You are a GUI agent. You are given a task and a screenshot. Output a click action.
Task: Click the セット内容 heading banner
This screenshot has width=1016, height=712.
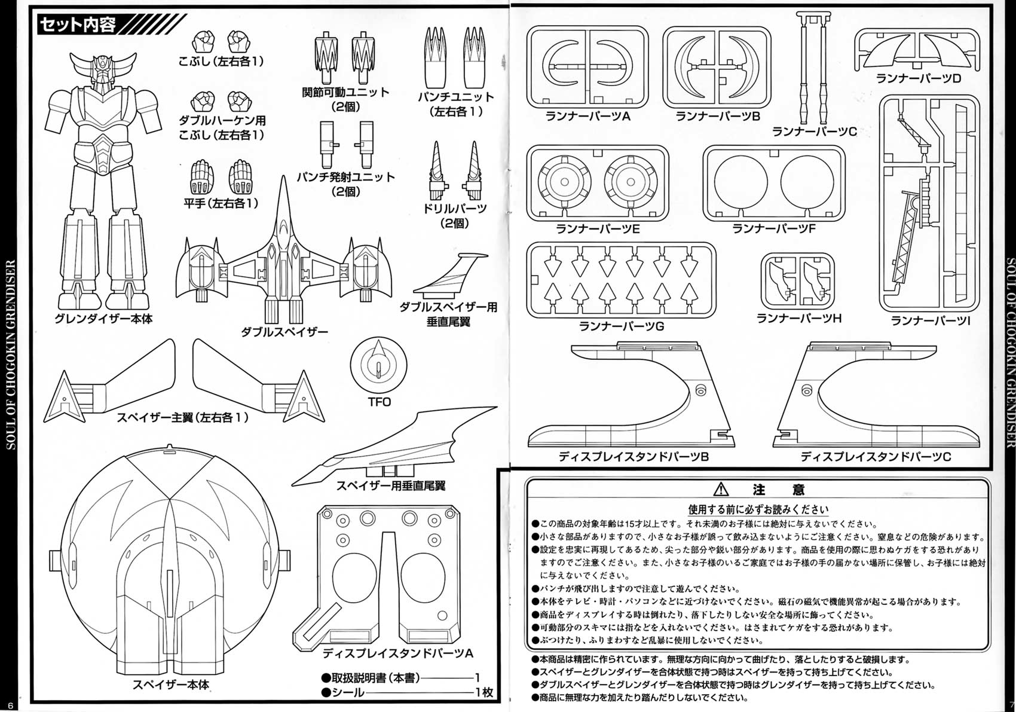[78, 25]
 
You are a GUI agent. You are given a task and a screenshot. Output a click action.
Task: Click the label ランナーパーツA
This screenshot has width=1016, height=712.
[587, 116]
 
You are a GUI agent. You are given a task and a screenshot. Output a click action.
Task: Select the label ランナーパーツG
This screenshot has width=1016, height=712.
[621, 326]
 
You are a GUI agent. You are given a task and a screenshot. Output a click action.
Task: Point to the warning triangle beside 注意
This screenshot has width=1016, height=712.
[721, 490]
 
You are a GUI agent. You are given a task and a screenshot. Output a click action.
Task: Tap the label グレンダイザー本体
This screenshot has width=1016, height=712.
[103, 319]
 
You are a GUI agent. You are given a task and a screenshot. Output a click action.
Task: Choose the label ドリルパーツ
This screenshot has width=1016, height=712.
[454, 209]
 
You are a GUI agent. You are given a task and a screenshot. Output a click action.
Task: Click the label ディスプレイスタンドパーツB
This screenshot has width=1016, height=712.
[633, 457]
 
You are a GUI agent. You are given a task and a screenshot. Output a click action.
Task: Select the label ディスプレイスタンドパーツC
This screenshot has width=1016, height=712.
[876, 457]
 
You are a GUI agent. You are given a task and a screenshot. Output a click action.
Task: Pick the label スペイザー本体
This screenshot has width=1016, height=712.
[171, 685]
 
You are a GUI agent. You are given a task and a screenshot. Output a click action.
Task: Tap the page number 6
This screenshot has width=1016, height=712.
[10, 705]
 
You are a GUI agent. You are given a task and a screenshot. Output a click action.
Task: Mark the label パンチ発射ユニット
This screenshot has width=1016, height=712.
[345, 177]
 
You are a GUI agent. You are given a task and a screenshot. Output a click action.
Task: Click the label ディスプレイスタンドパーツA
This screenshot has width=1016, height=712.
[397, 653]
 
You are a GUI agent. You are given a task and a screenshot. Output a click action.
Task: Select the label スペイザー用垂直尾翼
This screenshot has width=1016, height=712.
[390, 486]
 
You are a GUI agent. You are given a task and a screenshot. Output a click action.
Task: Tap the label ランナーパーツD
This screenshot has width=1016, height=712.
[918, 78]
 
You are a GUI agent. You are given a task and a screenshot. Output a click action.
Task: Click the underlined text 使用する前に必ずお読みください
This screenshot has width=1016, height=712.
[758, 510]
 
